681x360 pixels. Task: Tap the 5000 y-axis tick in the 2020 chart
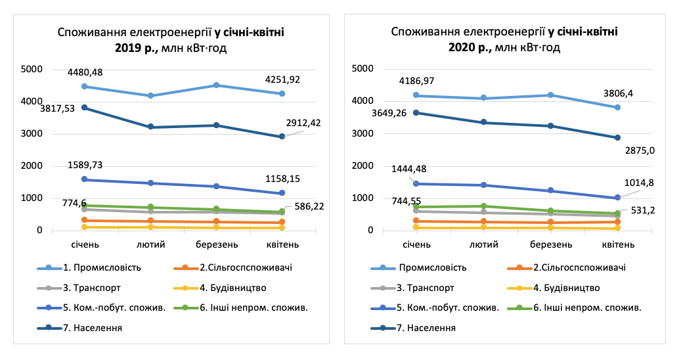[x=363, y=68]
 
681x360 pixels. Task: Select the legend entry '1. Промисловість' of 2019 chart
[x=106, y=267]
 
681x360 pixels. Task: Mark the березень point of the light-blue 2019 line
[x=216, y=85]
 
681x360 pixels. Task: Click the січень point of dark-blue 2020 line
[x=415, y=113]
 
